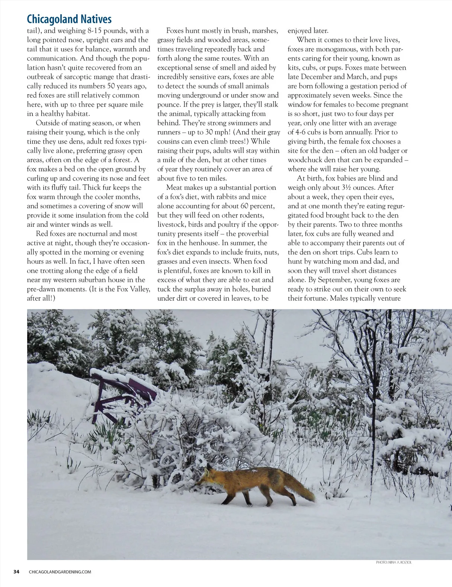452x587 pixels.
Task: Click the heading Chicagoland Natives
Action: coord(69,19)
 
